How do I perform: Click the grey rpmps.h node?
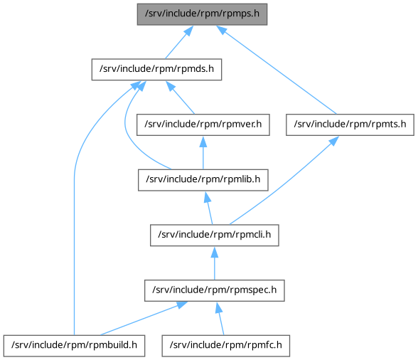[202, 14]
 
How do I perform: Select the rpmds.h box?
[156, 70]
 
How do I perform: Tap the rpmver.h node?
[203, 125]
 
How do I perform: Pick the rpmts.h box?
[350, 125]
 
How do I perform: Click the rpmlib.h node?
[203, 180]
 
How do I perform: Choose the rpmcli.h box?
[215, 235]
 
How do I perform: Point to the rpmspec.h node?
[215, 290]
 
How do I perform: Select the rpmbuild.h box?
[74, 346]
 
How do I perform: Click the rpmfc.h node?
[226, 346]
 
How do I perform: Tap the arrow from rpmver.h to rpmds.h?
[181, 97]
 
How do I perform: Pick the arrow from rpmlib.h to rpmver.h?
[203, 153]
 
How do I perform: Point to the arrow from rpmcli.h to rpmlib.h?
[208, 208]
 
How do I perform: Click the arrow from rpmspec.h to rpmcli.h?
[215, 263]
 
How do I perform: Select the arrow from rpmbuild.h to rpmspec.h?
[144, 318]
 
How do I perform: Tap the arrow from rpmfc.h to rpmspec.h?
[220, 318]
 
